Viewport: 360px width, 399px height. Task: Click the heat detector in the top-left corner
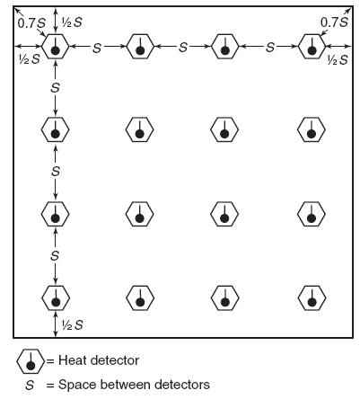point(55,46)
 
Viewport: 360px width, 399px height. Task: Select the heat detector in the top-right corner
point(312,46)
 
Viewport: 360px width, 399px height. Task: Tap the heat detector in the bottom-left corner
point(56,297)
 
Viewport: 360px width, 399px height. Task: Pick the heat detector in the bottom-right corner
point(312,297)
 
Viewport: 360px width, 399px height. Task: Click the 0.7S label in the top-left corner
point(31,23)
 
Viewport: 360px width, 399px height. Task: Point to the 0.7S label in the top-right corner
point(335,22)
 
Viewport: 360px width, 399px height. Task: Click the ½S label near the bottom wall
point(72,325)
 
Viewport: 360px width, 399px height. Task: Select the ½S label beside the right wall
point(338,60)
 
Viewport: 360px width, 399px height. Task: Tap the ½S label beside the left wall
point(29,59)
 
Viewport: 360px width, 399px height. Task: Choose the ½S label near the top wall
point(72,22)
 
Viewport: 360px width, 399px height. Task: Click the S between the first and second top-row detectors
point(97,48)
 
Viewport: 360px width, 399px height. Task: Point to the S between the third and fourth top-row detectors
point(270,47)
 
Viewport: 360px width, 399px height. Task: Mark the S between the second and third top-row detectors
point(183,47)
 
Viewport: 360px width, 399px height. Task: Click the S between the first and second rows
point(56,88)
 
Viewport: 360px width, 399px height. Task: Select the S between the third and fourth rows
point(55,255)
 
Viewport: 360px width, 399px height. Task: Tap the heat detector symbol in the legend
point(31,361)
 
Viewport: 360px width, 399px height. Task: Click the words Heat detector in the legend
point(99,360)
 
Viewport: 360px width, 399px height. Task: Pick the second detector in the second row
point(139,129)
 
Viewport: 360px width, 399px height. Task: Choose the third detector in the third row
point(224,214)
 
